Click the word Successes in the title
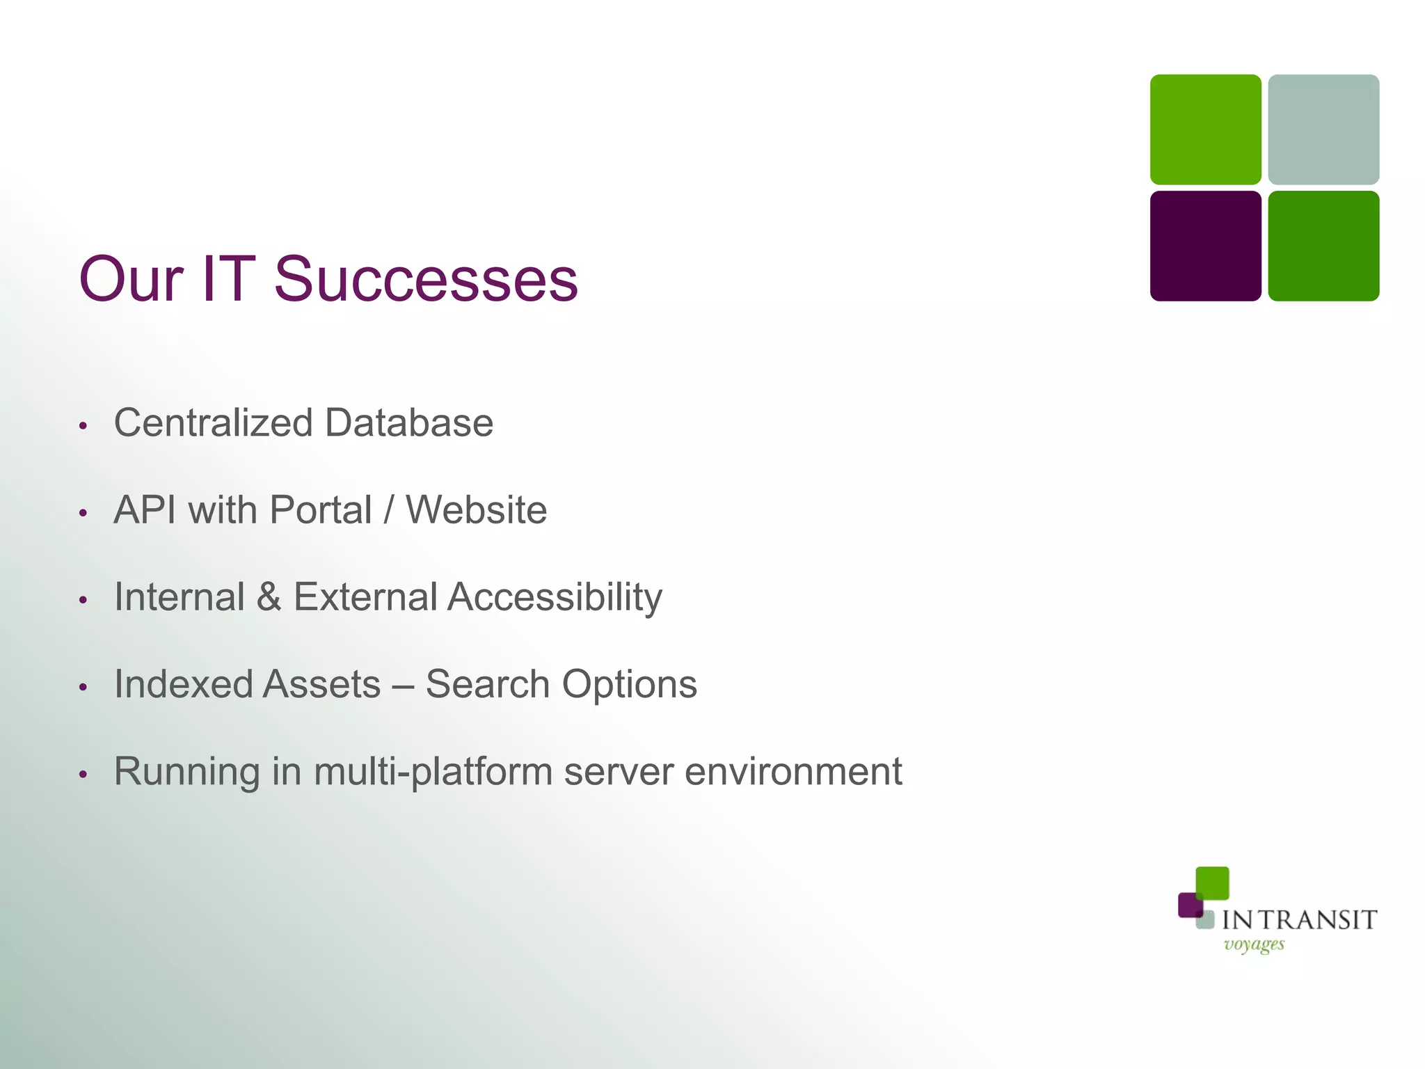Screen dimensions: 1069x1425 pyautogui.click(x=426, y=279)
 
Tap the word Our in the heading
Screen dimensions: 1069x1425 pyautogui.click(x=131, y=279)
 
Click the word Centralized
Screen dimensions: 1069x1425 pyautogui.click(x=213, y=423)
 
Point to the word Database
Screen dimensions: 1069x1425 pyautogui.click(x=409, y=423)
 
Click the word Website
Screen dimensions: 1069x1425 pyautogui.click(x=477, y=510)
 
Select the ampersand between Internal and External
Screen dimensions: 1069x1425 pyautogui.click(x=269, y=597)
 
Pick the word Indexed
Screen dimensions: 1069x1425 pyautogui.click(x=177, y=684)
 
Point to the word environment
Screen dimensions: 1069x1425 pyautogui.click(x=793, y=771)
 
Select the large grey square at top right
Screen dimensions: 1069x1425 pyautogui.click(x=1323, y=129)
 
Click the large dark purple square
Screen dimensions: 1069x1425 pyautogui.click(x=1205, y=246)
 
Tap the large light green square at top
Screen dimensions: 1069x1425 pyautogui.click(x=1205, y=129)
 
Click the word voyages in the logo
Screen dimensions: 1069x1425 pyautogui.click(x=1254, y=944)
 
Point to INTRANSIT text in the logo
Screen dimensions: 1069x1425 pyautogui.click(x=1299, y=920)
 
